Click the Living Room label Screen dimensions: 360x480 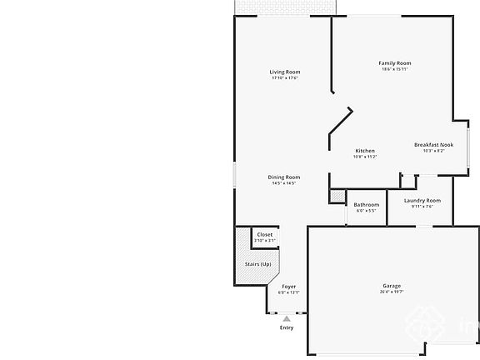coord(284,72)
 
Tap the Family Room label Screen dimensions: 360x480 coord(395,63)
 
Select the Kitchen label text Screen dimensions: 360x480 coord(365,151)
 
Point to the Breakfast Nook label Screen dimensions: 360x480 coord(433,145)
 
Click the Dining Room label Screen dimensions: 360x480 coord(284,177)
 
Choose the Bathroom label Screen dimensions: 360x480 coord(367,205)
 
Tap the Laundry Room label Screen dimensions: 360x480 coord(422,200)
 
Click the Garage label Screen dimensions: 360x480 coord(392,285)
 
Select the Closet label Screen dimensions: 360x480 coord(265,235)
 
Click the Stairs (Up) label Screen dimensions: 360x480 coord(257,264)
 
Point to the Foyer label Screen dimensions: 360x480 coord(288,287)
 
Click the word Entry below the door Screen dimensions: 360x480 coord(287,327)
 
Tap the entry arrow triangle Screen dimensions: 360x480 coord(287,318)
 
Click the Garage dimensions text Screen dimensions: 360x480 coord(392,292)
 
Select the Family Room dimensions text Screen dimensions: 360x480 coord(395,69)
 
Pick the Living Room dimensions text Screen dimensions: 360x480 coord(284,78)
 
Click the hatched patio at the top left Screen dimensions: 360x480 coord(284,7)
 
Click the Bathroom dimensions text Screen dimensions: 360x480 coord(367,211)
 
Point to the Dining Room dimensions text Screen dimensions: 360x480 coord(284,183)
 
